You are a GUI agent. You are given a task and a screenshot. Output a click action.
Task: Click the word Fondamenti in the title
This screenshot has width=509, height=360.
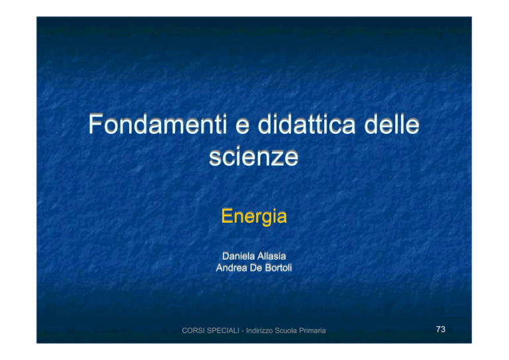click(158, 124)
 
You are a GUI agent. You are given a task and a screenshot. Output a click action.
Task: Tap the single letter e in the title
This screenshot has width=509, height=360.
click(242, 127)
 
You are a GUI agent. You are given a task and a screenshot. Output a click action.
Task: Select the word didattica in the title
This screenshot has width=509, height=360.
click(306, 124)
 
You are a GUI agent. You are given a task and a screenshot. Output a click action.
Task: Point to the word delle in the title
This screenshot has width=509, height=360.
click(392, 124)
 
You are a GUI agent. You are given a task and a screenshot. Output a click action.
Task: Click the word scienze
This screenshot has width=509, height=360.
click(254, 156)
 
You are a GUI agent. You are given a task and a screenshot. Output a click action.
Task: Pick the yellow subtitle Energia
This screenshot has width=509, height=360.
click(254, 217)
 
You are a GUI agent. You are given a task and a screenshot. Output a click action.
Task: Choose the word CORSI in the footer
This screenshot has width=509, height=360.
click(193, 330)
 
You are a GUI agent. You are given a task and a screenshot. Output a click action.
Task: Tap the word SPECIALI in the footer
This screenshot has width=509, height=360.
click(223, 330)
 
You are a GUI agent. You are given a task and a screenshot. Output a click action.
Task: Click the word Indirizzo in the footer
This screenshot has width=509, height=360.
click(259, 330)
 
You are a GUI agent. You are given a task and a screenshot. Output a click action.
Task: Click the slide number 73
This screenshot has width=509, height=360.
click(441, 329)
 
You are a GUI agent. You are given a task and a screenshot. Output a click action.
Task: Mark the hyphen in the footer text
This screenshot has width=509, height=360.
click(243, 331)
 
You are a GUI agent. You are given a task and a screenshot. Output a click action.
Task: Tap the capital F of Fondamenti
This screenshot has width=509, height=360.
click(95, 124)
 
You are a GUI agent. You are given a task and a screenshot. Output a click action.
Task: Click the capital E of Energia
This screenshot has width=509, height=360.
click(227, 216)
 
